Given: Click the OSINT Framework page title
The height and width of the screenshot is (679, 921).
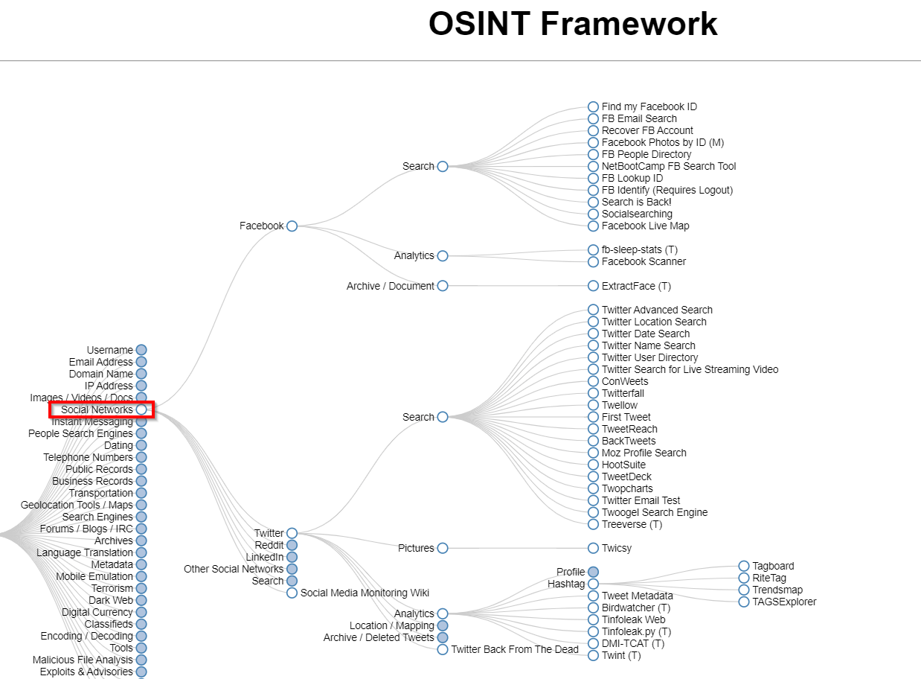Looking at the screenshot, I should click(573, 24).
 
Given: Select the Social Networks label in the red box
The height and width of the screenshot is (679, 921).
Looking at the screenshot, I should click(97, 409).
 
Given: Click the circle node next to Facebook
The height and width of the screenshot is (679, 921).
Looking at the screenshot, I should click(292, 226).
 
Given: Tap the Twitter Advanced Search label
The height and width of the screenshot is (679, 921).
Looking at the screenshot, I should click(656, 310).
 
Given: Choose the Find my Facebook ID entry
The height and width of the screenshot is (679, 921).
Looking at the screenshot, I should click(649, 106).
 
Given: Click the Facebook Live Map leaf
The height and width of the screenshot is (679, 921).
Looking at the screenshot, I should click(645, 226).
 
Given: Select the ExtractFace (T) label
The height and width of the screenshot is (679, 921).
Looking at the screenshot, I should click(636, 286).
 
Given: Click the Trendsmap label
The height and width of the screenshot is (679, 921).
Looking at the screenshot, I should click(777, 590).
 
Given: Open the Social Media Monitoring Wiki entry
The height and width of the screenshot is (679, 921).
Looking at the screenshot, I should click(365, 593).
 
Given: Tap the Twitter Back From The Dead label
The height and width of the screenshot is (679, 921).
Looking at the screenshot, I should click(514, 649).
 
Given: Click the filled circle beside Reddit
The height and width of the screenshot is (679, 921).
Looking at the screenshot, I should click(292, 545).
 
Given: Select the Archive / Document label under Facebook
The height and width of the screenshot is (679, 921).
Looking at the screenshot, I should click(390, 286).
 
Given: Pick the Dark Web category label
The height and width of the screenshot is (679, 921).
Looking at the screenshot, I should click(111, 600).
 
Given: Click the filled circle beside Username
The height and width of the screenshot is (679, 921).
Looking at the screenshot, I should click(141, 350).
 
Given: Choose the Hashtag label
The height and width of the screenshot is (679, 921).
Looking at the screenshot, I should click(566, 584).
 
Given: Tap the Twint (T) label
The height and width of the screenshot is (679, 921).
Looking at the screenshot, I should click(620, 655).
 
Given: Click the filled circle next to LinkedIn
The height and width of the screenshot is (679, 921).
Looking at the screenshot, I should click(292, 557).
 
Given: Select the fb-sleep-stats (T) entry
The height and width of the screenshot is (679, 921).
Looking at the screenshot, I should click(639, 249).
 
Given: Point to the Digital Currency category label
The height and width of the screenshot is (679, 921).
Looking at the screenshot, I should click(97, 612).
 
